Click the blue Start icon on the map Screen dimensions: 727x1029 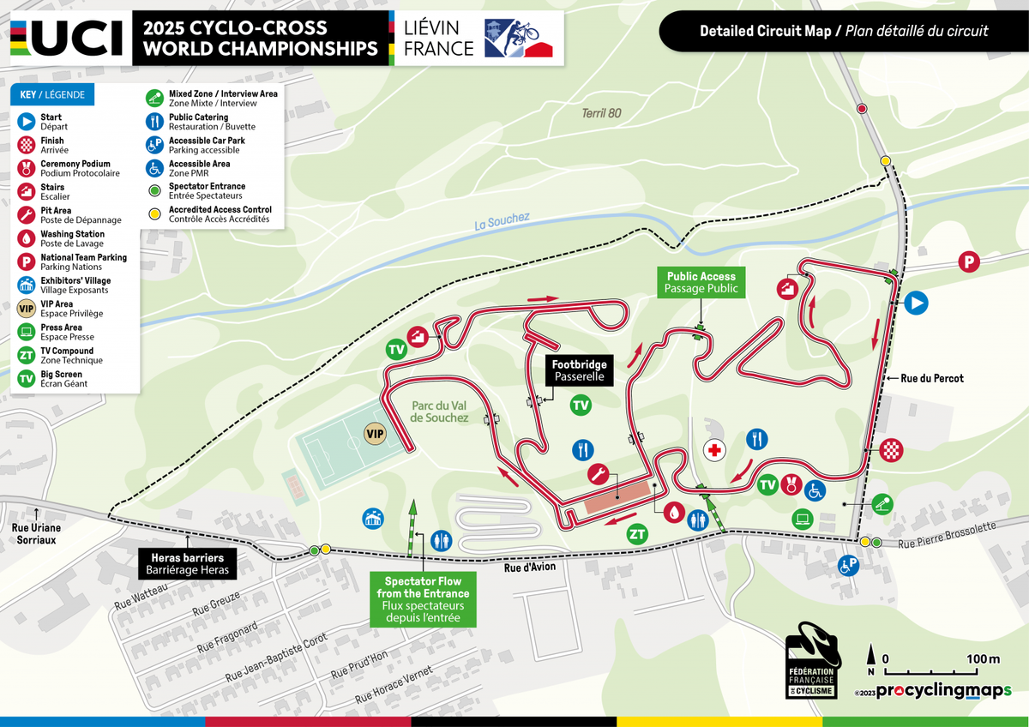click(x=917, y=302)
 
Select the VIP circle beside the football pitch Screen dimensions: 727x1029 click(x=376, y=434)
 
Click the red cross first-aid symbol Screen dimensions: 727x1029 click(x=714, y=449)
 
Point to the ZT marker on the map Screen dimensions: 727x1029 click(x=637, y=534)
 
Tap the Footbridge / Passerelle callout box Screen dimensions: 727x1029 click(x=579, y=370)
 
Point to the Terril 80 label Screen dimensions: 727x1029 click(x=600, y=113)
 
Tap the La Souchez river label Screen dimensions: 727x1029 click(x=502, y=223)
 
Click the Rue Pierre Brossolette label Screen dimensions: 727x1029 click(x=947, y=535)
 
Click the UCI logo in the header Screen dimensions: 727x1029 click(x=69, y=36)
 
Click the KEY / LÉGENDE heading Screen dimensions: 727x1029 click(x=53, y=95)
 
